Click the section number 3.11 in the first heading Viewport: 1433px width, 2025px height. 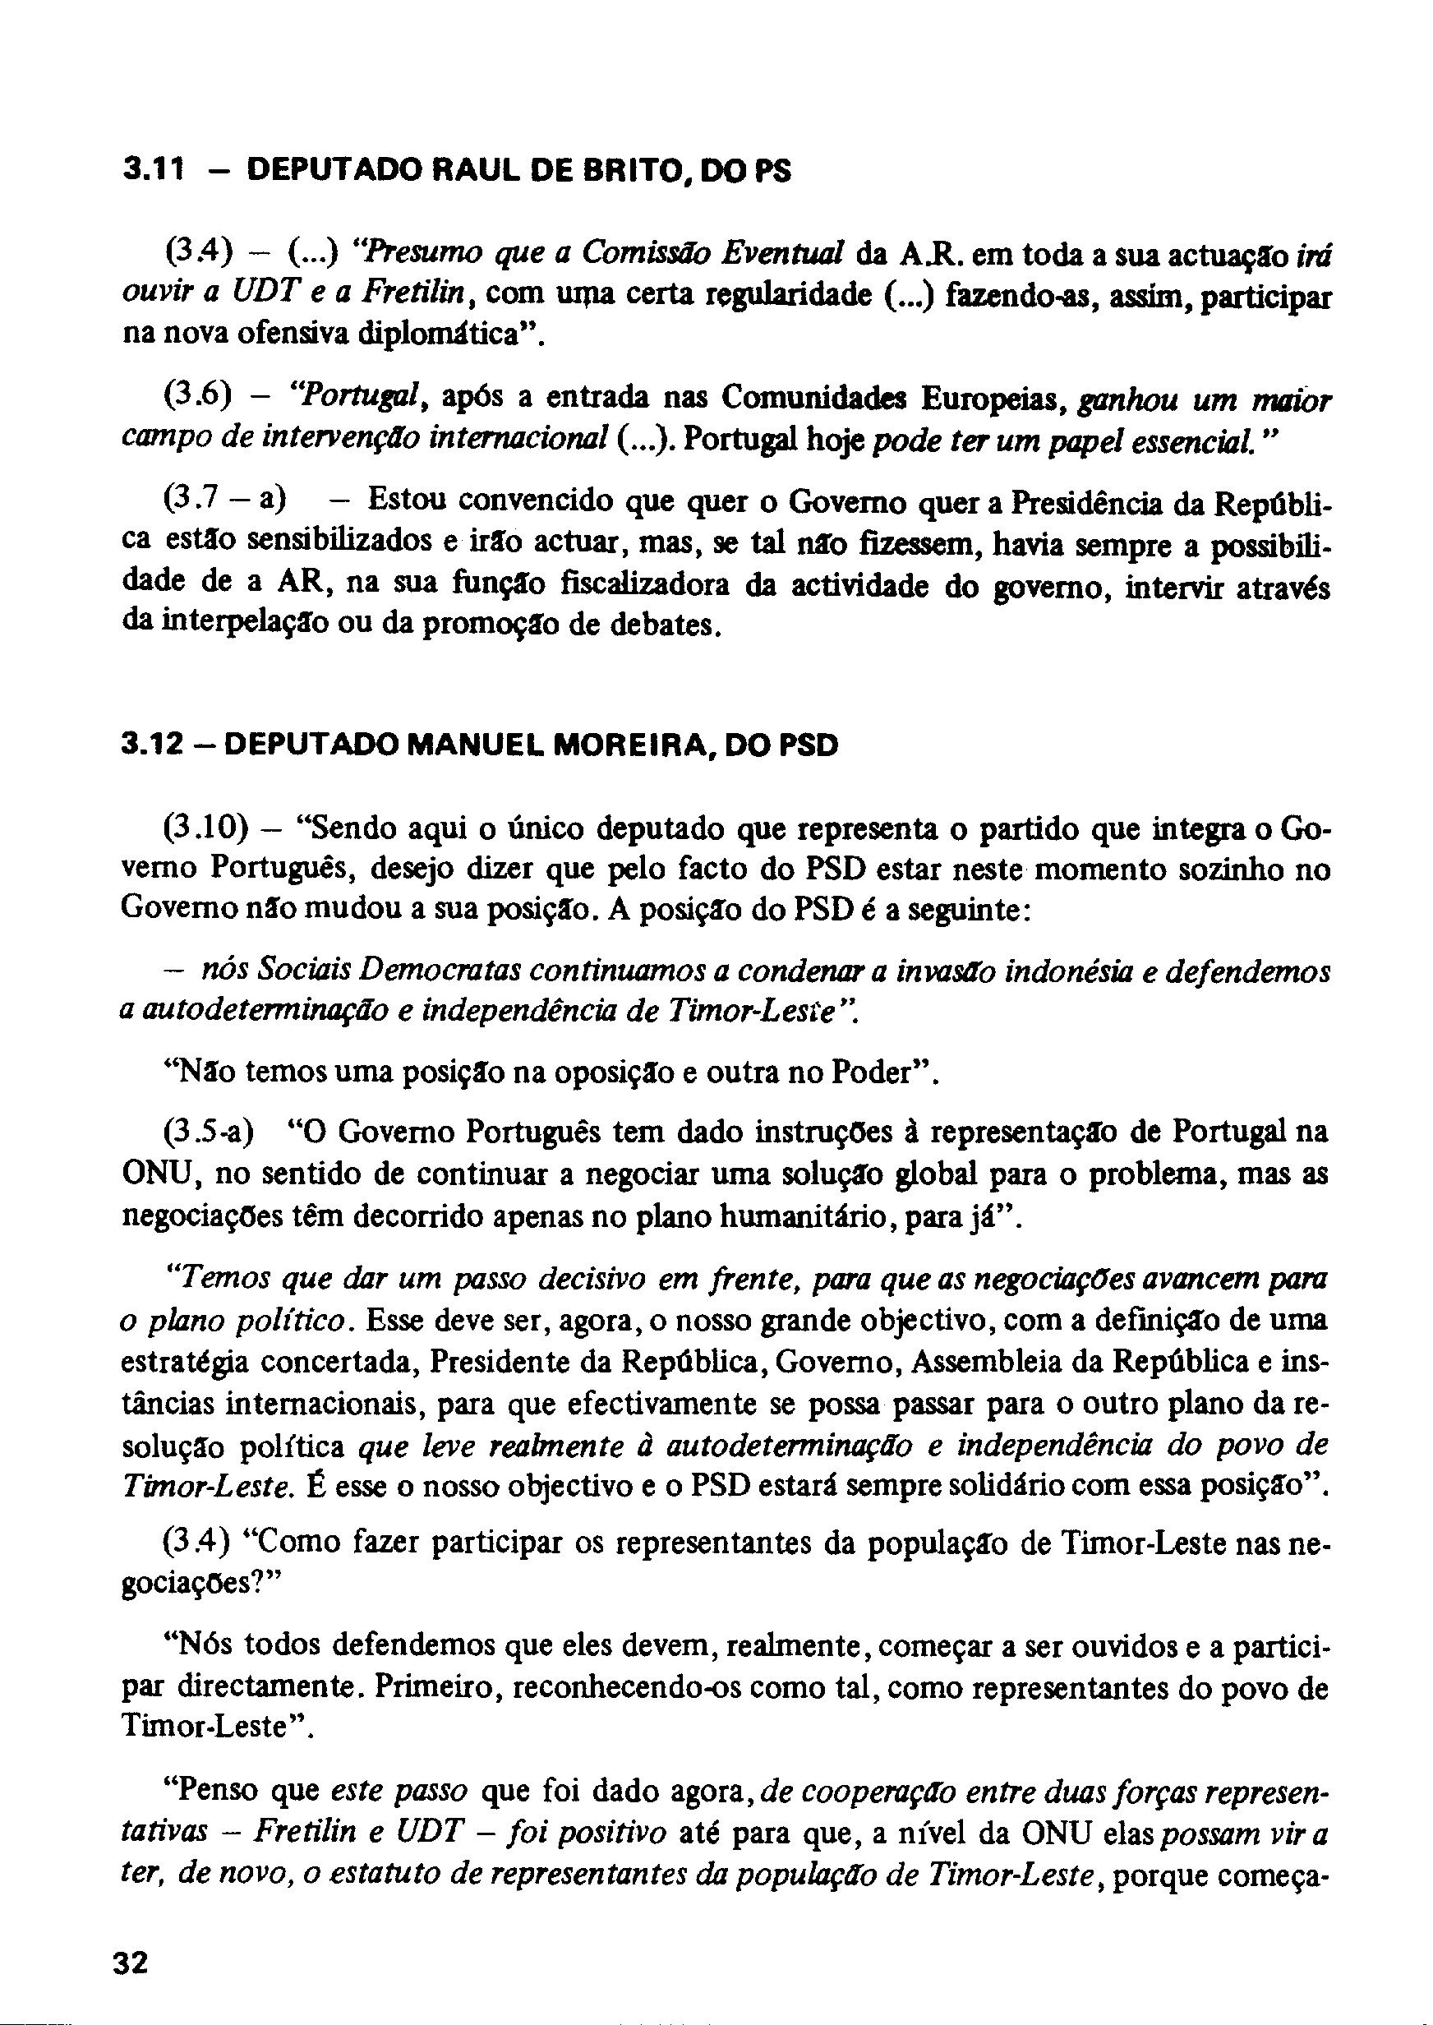click(x=152, y=169)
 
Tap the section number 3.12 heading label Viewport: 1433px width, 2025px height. click(x=152, y=745)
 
